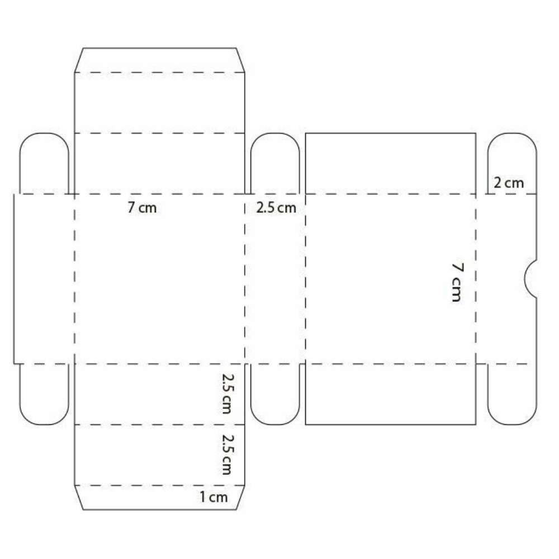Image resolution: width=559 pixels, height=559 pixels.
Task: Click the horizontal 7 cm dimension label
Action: (142, 207)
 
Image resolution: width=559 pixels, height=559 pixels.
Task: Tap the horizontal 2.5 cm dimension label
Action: (276, 208)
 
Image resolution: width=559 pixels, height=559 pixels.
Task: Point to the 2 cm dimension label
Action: (509, 183)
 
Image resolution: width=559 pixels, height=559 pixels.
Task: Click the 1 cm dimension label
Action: (213, 497)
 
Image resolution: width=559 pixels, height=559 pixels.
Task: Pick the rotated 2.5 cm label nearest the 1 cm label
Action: (228, 454)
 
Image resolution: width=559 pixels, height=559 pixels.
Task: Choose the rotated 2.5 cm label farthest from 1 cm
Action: (228, 394)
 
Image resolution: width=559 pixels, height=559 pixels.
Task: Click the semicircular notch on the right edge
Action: (530, 279)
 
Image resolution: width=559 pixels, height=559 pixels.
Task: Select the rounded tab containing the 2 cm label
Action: (512, 164)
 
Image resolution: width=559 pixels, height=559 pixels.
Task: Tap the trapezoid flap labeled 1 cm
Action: (160, 498)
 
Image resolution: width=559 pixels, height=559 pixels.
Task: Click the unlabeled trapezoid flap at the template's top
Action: (160, 60)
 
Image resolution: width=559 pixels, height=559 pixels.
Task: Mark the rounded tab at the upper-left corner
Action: (44, 164)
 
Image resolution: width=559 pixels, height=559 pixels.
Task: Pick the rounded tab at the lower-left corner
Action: (44, 394)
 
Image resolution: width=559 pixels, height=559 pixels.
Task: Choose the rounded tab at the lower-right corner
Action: (512, 394)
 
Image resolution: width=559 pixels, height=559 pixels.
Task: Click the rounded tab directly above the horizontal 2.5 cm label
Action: (275, 164)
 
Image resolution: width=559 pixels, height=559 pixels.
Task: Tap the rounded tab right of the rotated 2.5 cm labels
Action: (275, 394)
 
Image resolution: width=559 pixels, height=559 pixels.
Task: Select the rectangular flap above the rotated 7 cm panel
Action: (391, 164)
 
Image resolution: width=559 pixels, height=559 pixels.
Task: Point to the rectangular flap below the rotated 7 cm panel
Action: (391, 394)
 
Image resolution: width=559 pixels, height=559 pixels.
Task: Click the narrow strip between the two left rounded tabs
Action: (44, 279)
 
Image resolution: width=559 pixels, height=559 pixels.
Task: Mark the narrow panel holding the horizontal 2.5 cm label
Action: (275, 279)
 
